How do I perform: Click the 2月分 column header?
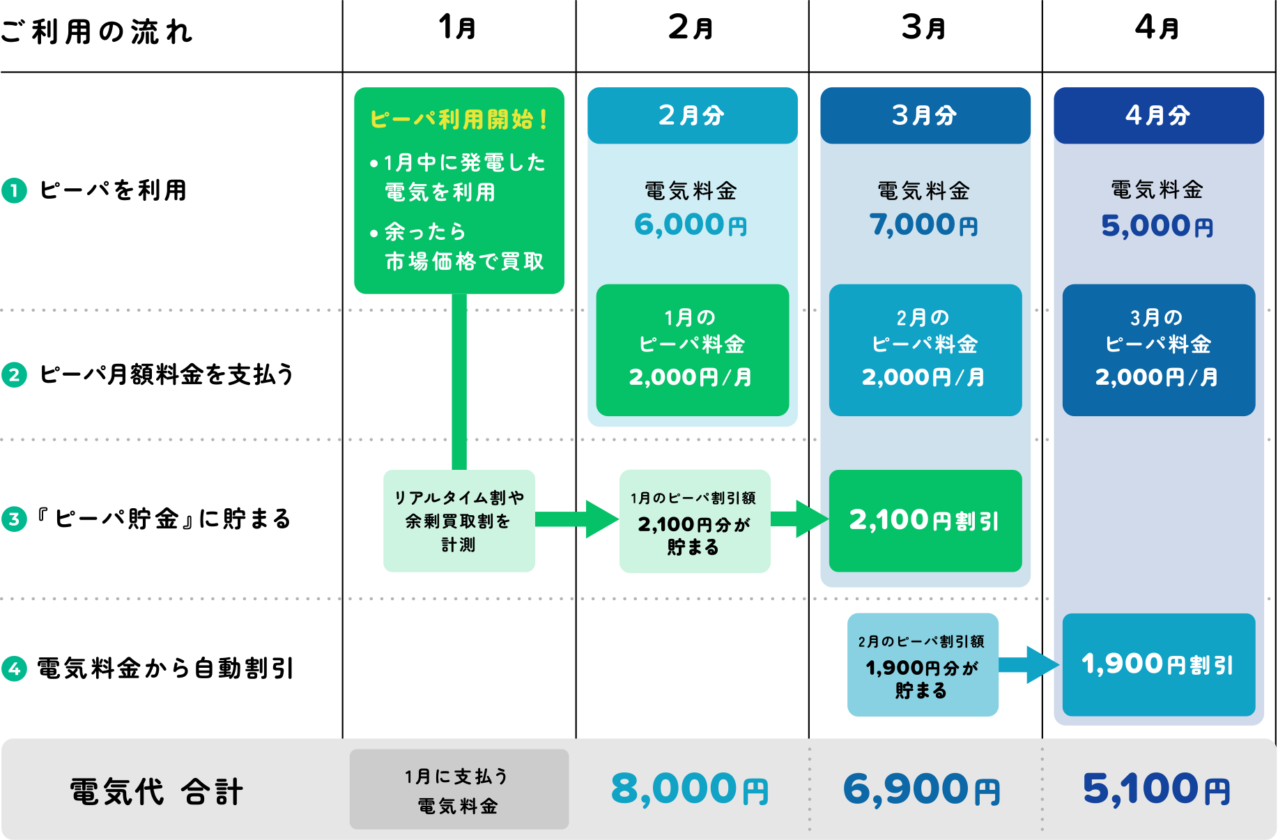pos(692,116)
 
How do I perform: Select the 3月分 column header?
pos(925,116)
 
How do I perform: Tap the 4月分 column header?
pos(1158,116)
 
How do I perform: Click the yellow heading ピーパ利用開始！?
pos(459,119)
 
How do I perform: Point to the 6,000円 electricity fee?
pos(691,224)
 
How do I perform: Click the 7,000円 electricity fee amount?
pos(924,224)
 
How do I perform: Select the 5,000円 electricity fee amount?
pos(1157,226)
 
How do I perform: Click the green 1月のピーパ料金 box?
pos(692,349)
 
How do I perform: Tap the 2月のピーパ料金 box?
pos(925,349)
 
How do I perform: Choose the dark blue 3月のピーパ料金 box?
pos(1158,349)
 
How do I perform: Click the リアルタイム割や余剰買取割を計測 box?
pos(459,521)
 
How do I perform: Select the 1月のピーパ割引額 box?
pos(694,521)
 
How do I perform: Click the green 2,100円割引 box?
pos(925,521)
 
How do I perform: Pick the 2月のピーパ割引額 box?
pos(922,664)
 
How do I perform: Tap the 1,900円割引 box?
pos(1158,664)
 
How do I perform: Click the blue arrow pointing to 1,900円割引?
pos(1030,664)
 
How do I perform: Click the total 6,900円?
pos(922,789)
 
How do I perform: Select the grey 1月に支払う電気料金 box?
pos(459,789)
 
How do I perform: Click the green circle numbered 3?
pos(15,519)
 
